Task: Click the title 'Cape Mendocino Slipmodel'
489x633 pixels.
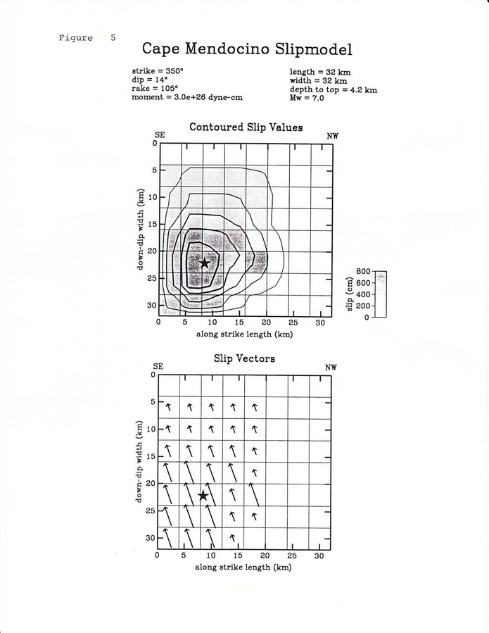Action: [247, 49]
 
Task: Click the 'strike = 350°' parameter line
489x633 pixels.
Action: [158, 72]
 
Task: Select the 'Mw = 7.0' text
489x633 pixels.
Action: [307, 98]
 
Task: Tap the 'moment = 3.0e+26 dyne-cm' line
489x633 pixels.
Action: [187, 98]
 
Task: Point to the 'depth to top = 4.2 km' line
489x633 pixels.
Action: [334, 89]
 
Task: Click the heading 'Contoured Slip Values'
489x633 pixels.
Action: [246, 127]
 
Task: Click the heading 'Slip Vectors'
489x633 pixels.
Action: [244, 358]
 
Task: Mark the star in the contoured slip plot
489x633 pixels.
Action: [205, 263]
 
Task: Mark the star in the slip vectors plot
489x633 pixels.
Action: [203, 496]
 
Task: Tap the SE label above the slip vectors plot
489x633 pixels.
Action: [158, 367]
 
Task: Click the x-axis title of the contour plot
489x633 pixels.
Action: [244, 334]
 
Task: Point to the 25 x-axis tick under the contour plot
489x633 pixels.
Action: [293, 322]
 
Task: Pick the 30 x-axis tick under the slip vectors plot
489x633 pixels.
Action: [319, 556]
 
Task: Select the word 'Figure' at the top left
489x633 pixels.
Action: [76, 38]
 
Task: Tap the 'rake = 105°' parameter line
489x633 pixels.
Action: [155, 89]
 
